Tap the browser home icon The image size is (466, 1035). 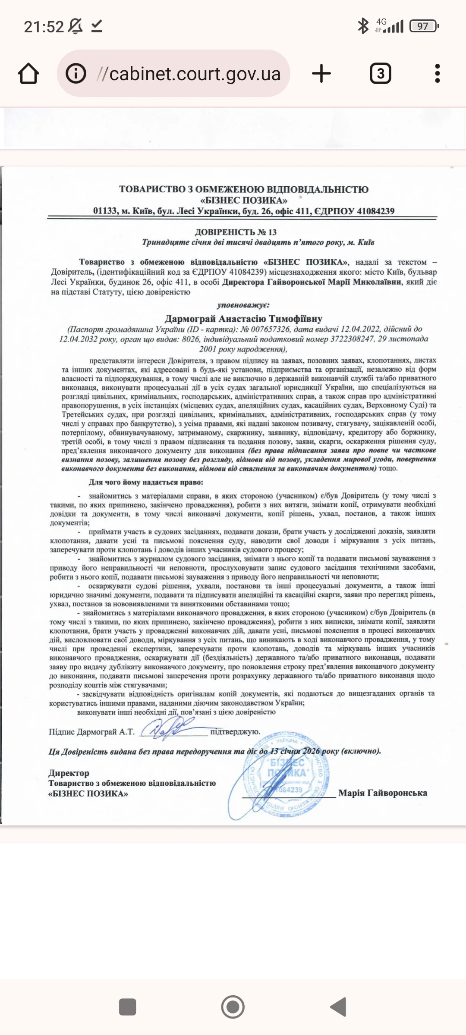28,74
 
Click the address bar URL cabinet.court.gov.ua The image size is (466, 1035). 195,74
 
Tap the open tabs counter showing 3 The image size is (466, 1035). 380,74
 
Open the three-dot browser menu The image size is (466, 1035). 437,74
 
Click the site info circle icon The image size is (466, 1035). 76,74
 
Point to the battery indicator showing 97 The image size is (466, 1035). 423,26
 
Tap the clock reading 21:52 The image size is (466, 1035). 44,27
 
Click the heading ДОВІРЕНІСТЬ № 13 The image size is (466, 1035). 236,232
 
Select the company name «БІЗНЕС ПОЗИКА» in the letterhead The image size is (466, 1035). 244,200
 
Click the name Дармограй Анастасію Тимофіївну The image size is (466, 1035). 243,319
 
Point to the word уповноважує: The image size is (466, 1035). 243,305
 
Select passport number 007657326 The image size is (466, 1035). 271,329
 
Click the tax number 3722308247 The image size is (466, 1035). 352,339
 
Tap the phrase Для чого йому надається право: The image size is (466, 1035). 146,482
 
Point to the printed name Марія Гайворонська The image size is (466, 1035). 382,793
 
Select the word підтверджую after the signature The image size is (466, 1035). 235,731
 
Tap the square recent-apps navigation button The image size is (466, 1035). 127,1007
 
